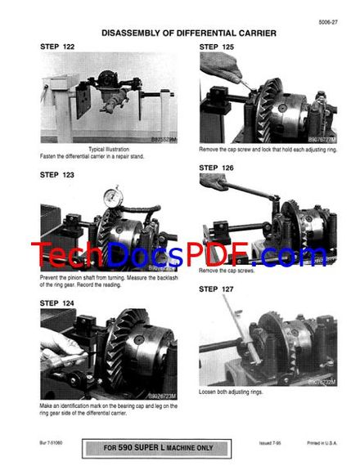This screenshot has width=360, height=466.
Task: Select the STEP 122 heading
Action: coord(57,47)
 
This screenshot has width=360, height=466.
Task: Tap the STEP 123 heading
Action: coord(57,174)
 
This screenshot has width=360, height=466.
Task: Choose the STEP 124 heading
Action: coord(57,302)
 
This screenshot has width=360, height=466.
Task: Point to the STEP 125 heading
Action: coord(217,47)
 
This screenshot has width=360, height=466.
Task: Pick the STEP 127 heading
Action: coord(217,289)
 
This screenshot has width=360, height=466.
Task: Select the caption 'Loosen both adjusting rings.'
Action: coord(231,392)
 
